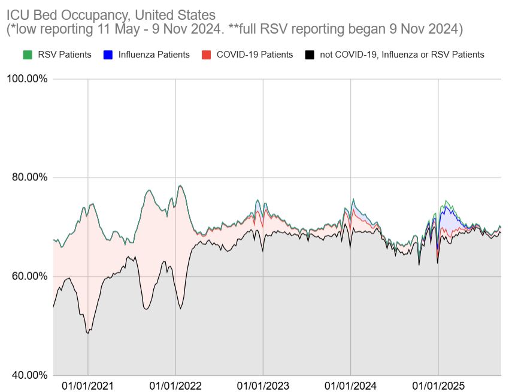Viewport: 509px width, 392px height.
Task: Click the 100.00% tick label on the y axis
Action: (x=26, y=79)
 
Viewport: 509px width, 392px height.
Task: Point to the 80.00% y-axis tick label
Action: (x=28, y=177)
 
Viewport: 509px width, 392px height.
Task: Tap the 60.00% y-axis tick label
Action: (x=28, y=276)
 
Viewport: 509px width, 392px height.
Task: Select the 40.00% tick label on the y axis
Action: (x=28, y=375)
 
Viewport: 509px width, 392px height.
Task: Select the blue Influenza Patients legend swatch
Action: (x=108, y=55)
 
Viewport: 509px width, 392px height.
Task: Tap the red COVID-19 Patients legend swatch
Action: (x=207, y=55)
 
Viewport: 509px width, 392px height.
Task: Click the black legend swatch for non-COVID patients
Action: (x=310, y=55)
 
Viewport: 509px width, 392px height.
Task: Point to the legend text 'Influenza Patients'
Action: (x=154, y=55)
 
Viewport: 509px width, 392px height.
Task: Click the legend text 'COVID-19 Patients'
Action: (x=255, y=55)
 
